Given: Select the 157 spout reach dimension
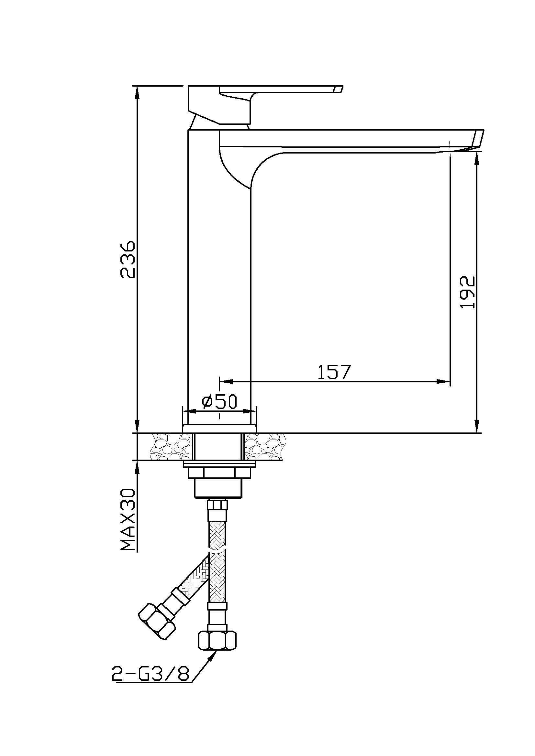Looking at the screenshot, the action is point(333,372).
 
